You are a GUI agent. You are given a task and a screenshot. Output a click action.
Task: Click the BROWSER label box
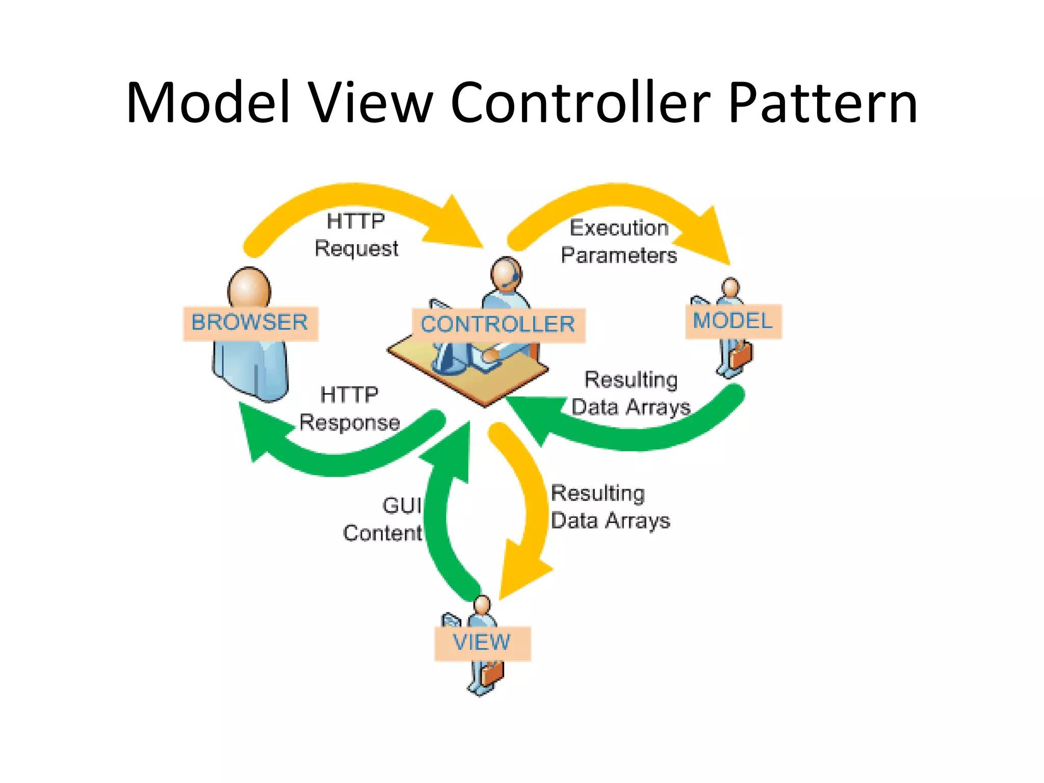click(x=250, y=323)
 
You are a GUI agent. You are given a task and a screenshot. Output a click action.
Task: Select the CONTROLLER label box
click(x=498, y=325)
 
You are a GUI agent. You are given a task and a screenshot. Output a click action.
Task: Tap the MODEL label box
click(x=733, y=321)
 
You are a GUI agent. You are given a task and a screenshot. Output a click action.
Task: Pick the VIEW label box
click(x=482, y=643)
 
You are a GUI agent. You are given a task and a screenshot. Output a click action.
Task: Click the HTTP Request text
click(x=356, y=235)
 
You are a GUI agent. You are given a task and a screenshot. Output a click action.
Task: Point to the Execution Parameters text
click(x=618, y=242)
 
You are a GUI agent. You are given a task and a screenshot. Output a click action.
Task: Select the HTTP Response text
click(x=350, y=409)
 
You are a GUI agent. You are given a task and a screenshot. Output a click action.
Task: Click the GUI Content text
click(x=383, y=519)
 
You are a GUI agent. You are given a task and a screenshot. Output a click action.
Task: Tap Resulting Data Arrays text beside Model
click(x=631, y=394)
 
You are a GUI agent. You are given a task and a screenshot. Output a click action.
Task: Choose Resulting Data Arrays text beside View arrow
click(x=610, y=507)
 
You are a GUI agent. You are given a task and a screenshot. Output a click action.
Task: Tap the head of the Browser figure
click(x=249, y=289)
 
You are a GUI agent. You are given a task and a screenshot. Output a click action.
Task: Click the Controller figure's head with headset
click(x=506, y=274)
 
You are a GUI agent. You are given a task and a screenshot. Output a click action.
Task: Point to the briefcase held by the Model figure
click(x=741, y=355)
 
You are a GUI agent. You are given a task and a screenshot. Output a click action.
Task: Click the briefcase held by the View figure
click(x=492, y=673)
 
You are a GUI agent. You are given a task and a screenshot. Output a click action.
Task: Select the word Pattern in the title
click(x=822, y=103)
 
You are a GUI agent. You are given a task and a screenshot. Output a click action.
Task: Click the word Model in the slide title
click(x=208, y=103)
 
